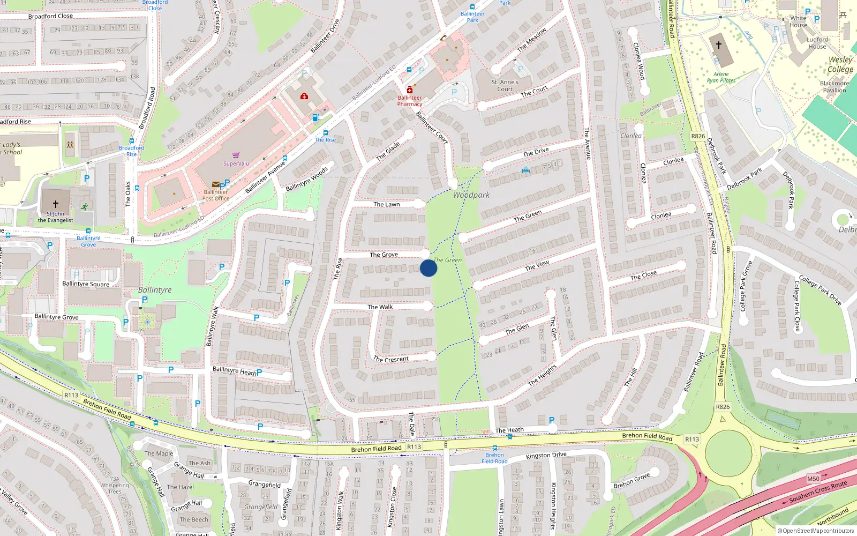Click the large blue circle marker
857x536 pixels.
point(428,268)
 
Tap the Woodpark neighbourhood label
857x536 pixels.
point(471,195)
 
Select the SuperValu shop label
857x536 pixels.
point(236,163)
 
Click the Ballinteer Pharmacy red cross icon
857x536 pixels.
point(410,90)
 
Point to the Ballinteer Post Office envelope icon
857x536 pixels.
point(216,184)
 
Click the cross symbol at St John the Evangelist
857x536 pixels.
point(55,204)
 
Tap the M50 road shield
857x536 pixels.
point(813,479)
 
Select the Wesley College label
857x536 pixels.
point(840,64)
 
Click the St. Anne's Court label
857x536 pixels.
point(505,86)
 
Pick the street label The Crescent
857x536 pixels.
point(390,359)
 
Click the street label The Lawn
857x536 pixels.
point(386,204)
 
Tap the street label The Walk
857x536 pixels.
point(380,307)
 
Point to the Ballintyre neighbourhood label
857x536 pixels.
point(155,290)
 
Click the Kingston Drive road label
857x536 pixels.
point(546,455)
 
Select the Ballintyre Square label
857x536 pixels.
point(86,284)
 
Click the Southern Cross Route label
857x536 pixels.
point(818,491)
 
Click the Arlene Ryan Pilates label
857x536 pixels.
point(721,77)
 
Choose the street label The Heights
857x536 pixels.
point(542,375)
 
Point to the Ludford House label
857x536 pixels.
point(817,43)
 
